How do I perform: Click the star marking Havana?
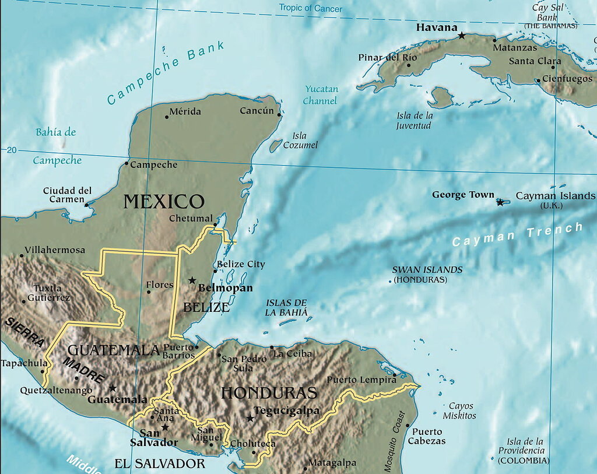coord(462,36)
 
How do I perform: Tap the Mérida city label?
coord(185,111)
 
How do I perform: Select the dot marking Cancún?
coord(279,115)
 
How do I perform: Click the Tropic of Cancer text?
coord(310,8)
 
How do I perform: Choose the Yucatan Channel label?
coord(321,95)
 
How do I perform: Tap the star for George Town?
coord(500,202)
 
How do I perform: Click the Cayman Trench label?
coord(518,234)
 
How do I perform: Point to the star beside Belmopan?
coord(192,280)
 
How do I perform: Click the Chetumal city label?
coord(191,219)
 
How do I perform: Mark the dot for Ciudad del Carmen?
coord(86,205)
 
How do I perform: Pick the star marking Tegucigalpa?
coord(250,417)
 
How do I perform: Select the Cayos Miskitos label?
coord(460,410)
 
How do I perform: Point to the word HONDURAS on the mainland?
coord(269,392)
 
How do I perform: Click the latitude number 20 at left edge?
coord(11,150)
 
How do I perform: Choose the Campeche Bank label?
coord(166,72)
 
